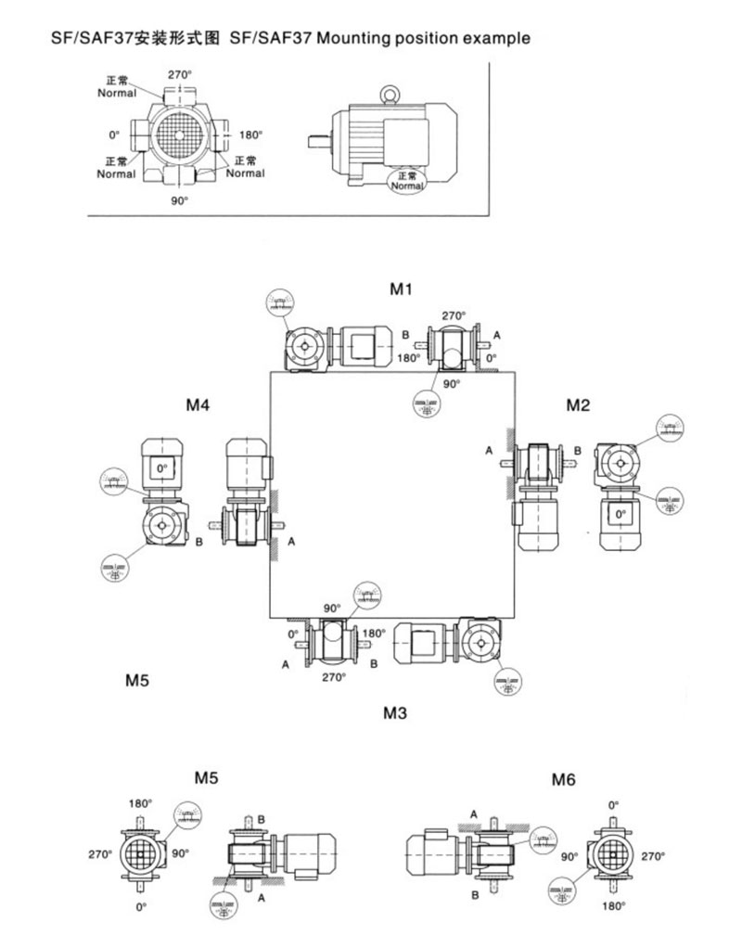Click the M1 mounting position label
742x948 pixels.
tap(400, 289)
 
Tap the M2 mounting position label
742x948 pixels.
tap(579, 404)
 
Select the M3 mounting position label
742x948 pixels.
tap(395, 713)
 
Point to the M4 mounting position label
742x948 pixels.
tap(198, 404)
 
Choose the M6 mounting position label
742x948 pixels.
tap(564, 779)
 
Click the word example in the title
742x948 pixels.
tap(498, 39)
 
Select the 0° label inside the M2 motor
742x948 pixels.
tap(619, 512)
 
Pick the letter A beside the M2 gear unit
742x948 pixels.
tap(489, 451)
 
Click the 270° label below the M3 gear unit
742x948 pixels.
tap(334, 677)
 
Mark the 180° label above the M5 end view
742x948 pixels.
tap(140, 803)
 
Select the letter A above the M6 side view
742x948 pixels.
tap(473, 813)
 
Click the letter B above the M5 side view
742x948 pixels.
tap(262, 818)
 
